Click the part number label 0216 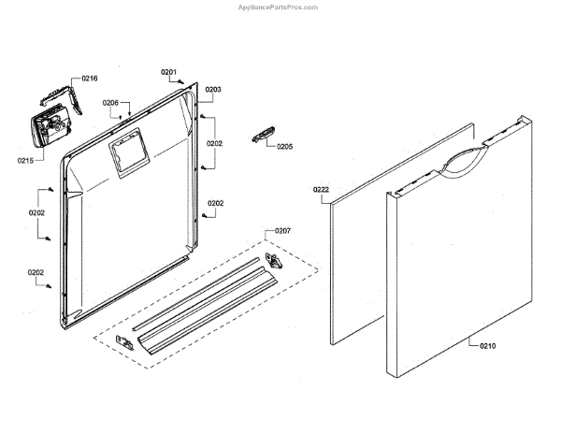coord(90,79)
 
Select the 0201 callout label coord(168,72)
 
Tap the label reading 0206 coord(110,103)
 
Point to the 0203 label coord(213,90)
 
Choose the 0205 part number coord(284,147)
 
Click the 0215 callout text coord(25,160)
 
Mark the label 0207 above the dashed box coord(282,230)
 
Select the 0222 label coord(321,190)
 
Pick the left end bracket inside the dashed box coord(125,343)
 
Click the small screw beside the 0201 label coord(182,82)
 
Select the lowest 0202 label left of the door coord(36,273)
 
